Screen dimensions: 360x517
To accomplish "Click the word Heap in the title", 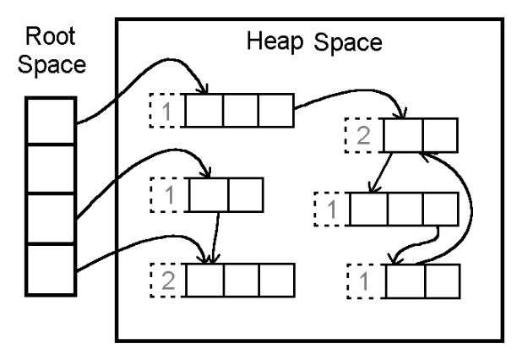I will click(x=271, y=41).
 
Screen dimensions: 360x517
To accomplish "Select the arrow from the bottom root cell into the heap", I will click(x=135, y=246).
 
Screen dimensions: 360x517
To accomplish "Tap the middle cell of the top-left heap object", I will click(x=240, y=111).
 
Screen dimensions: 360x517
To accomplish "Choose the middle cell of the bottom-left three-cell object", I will click(x=240, y=278).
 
